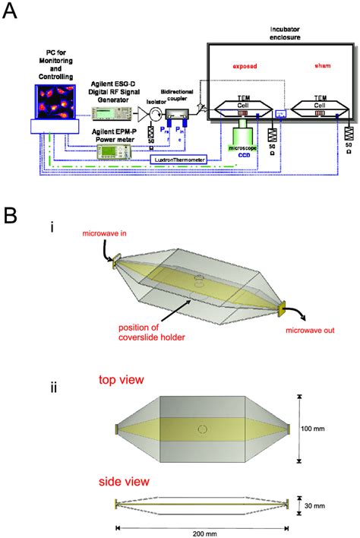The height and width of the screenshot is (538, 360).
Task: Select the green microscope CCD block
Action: click(x=241, y=141)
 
